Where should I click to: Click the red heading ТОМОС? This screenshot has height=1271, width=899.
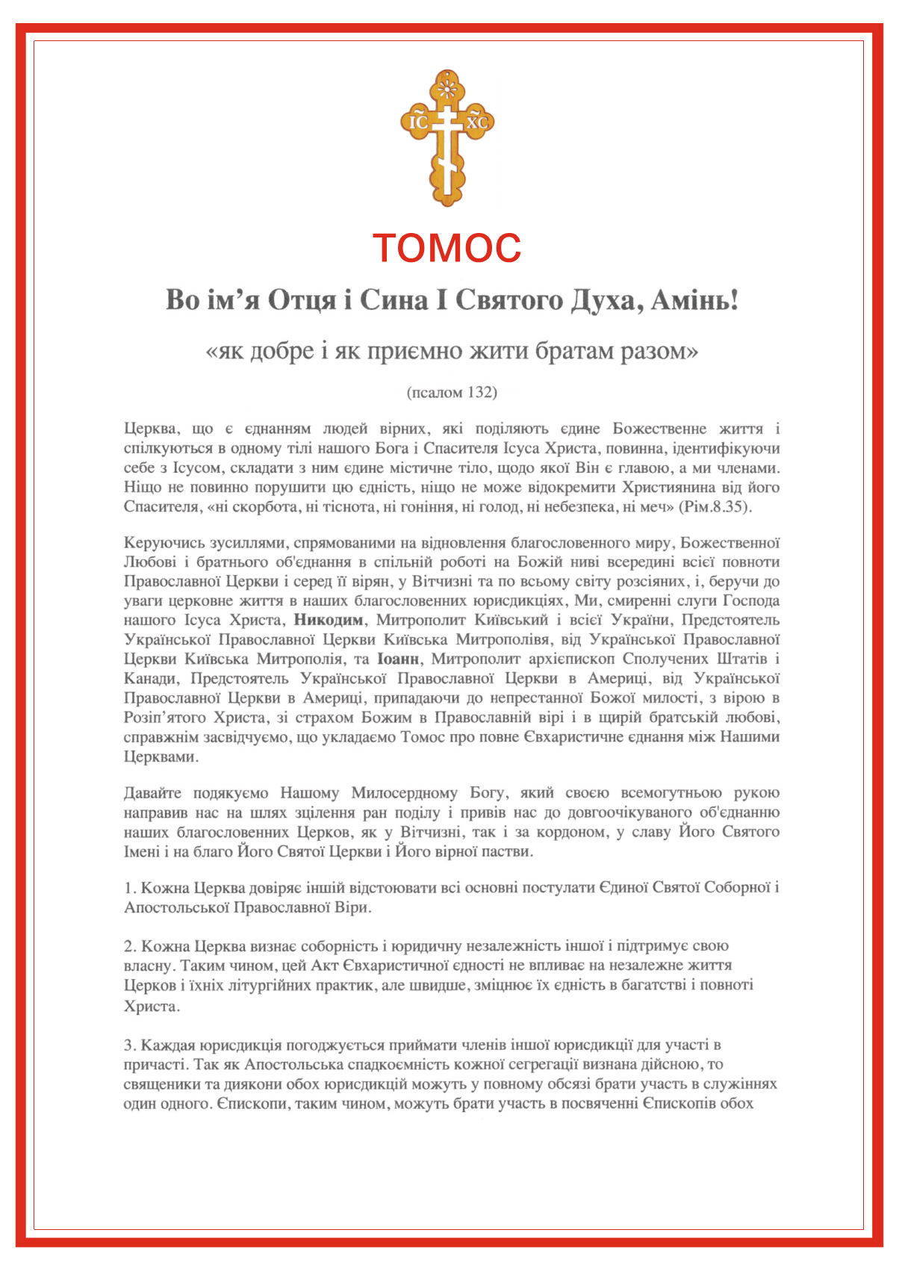coord(447,249)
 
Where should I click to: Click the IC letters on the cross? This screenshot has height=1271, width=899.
coord(418,122)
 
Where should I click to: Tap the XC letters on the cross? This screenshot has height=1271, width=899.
coord(476,122)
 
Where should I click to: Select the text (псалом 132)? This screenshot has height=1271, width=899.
coord(452,392)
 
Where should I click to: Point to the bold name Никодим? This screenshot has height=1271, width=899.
coord(329,620)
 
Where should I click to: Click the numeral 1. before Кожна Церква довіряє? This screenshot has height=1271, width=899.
coord(130,888)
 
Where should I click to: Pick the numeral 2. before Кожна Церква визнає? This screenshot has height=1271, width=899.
coord(130,946)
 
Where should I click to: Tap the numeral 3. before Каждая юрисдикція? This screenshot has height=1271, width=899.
coord(130,1045)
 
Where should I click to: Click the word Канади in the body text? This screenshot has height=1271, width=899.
coord(150,678)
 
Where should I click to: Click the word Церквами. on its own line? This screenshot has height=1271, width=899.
coord(161,756)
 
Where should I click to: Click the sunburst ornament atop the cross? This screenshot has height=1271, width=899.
coord(447,90)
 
